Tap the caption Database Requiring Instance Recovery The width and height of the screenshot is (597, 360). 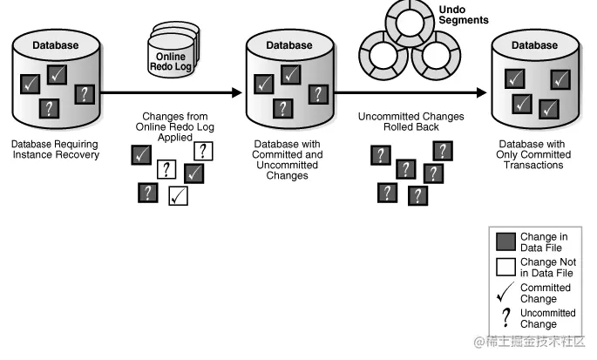pyautogui.click(x=55, y=149)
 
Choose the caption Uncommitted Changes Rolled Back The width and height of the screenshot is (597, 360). pyautogui.click(x=411, y=121)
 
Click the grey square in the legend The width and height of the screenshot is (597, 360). pyautogui.click(x=505, y=241)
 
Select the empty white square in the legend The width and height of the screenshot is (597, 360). pyautogui.click(x=505, y=267)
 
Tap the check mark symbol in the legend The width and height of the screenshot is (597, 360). pyautogui.click(x=505, y=292)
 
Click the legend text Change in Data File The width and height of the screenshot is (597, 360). pyautogui.click(x=544, y=241)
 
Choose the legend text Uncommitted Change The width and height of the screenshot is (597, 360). pyautogui.click(x=547, y=318)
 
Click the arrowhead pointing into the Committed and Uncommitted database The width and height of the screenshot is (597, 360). pyautogui.click(x=236, y=92)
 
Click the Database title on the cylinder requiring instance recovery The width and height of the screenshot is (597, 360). pyautogui.click(x=55, y=44)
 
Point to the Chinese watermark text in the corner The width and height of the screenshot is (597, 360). pyautogui.click(x=530, y=343)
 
